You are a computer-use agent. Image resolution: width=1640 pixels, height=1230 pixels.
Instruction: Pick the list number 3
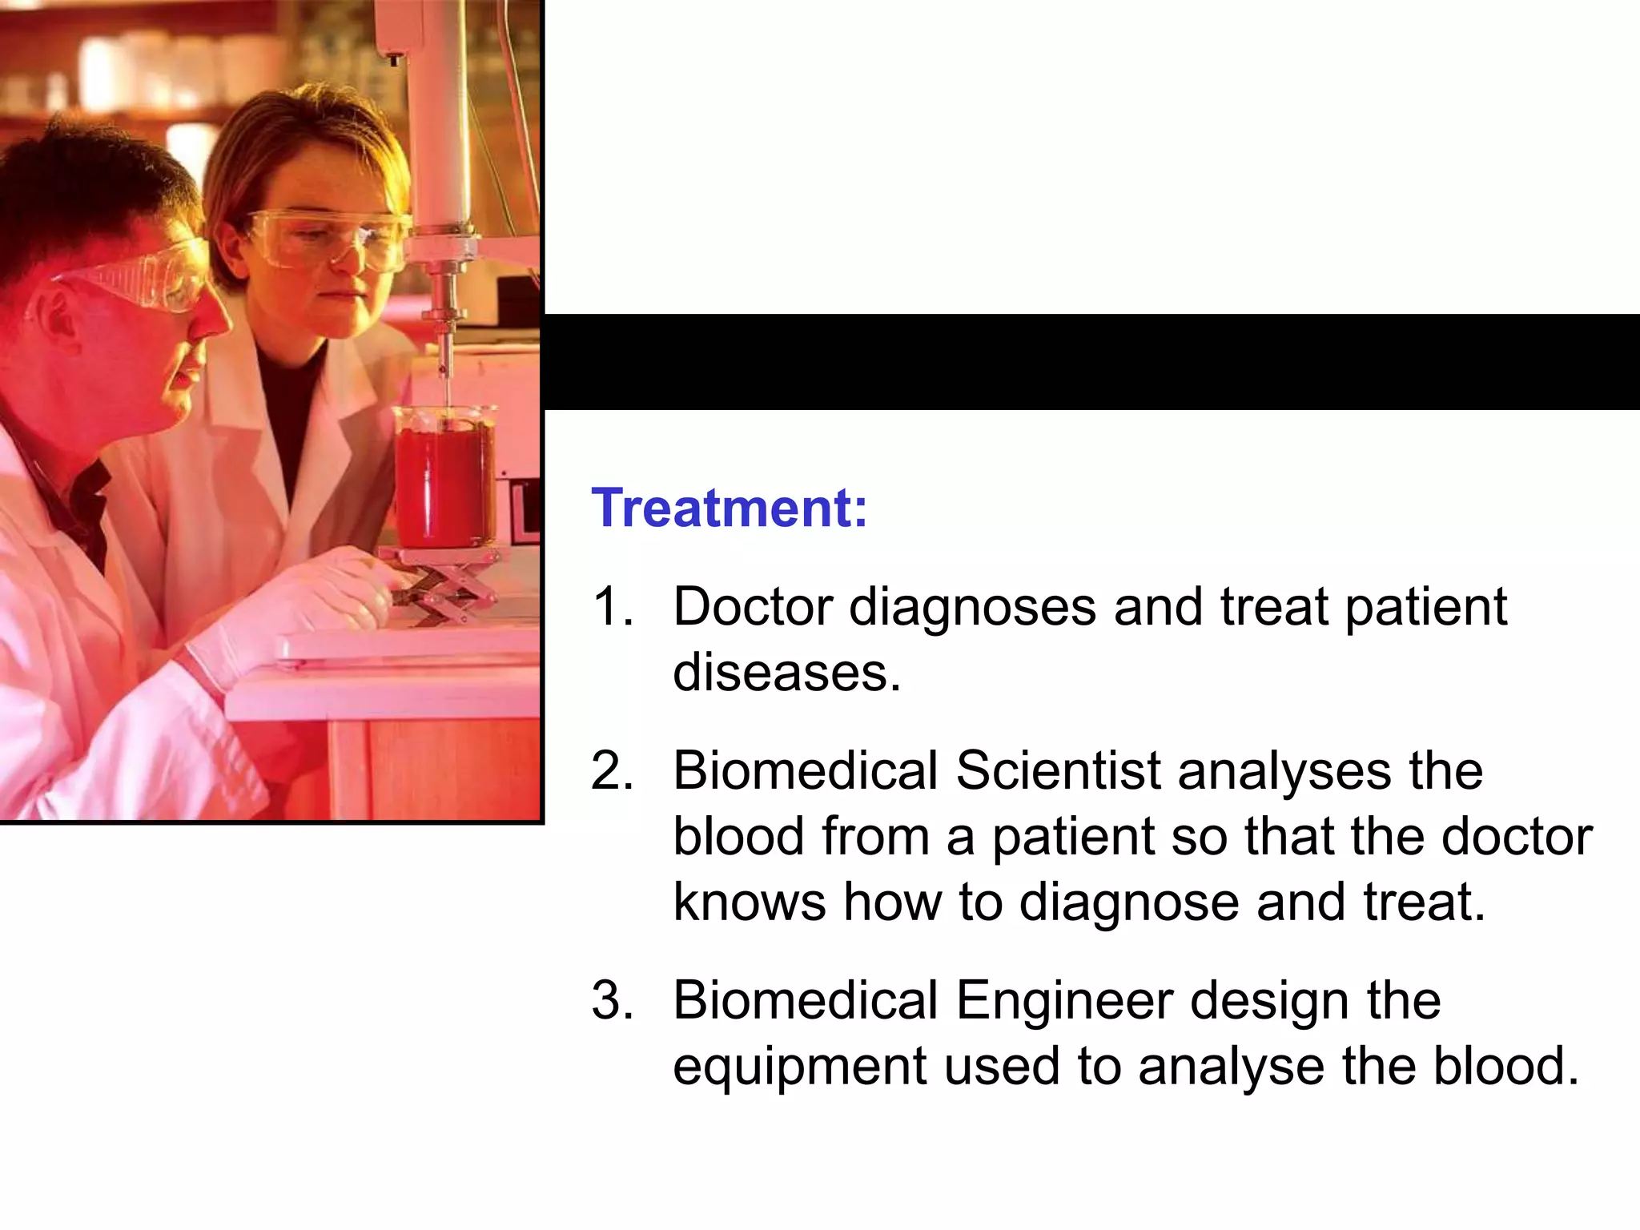(612, 1000)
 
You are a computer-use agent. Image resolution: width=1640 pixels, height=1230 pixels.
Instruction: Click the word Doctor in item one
(752, 606)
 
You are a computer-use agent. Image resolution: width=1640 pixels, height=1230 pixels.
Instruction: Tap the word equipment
(799, 1068)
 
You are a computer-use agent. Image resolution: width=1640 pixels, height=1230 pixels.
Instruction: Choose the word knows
(749, 902)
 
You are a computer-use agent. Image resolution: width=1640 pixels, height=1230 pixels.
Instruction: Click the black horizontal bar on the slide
(1089, 362)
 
